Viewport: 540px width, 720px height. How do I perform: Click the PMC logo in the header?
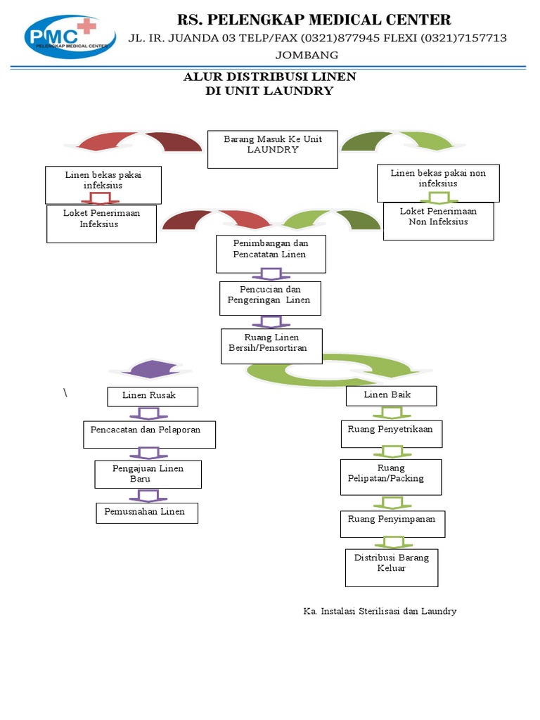(70, 37)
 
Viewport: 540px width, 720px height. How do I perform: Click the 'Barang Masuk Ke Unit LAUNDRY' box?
(273, 149)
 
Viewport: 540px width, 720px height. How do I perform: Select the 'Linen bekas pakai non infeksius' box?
(438, 184)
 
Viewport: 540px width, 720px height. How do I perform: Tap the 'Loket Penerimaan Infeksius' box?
(101, 224)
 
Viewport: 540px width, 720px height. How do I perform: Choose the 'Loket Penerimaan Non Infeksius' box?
(439, 221)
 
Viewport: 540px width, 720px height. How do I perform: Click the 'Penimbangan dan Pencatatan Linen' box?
(271, 254)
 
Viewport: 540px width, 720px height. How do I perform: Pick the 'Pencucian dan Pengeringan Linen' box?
(270, 298)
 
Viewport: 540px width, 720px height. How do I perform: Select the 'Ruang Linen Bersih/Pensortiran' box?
(271, 346)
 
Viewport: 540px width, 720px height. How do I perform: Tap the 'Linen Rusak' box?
(153, 397)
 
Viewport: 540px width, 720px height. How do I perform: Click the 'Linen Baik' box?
(391, 396)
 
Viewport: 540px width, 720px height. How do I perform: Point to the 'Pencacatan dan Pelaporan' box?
(149, 435)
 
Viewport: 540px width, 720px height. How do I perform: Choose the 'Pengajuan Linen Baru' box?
(148, 475)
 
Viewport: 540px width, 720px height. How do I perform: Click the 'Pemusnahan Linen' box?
(147, 513)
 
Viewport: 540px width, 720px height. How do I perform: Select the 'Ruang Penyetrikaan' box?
(392, 434)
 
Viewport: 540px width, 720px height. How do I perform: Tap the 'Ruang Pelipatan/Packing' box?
(391, 477)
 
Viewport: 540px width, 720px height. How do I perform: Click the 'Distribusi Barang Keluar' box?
(392, 568)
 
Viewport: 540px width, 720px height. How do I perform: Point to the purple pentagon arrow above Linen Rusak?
(150, 369)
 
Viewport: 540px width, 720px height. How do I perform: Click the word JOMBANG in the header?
(307, 55)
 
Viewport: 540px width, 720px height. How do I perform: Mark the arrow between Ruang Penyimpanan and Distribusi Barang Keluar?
(392, 543)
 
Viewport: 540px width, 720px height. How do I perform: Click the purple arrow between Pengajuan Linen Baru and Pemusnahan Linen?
(148, 496)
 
